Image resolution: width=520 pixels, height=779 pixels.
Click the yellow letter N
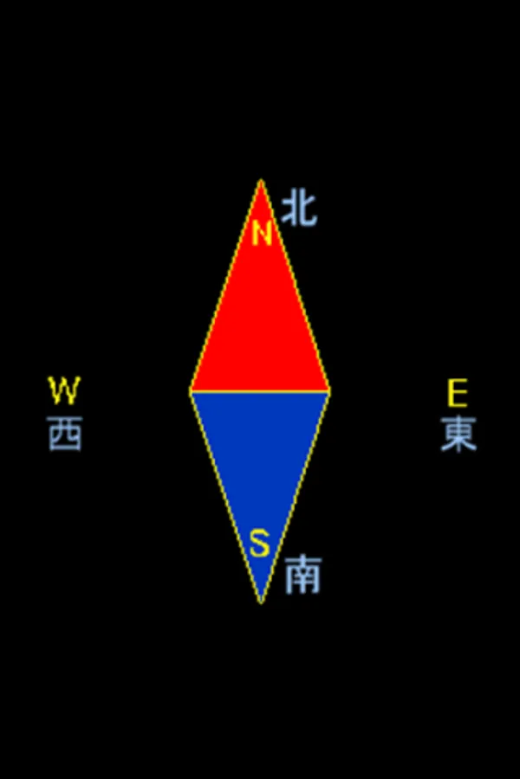(262, 234)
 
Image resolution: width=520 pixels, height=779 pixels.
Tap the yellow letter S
(260, 544)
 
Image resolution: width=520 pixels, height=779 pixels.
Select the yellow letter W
(63, 391)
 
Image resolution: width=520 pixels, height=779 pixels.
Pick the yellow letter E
(457, 394)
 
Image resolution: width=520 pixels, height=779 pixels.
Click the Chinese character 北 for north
(299, 209)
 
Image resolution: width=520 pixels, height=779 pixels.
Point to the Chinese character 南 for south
(302, 575)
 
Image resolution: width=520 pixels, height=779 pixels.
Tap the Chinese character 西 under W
(65, 434)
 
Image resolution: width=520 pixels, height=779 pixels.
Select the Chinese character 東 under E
(458, 435)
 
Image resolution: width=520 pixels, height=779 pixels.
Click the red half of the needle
(260, 329)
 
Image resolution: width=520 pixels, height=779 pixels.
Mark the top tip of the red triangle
(260, 181)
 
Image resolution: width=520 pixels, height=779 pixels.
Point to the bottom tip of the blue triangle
(260, 602)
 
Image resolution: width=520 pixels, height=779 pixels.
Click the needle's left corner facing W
(192, 391)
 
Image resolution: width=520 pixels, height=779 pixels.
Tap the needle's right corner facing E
(328, 391)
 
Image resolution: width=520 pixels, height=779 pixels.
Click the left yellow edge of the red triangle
(225, 286)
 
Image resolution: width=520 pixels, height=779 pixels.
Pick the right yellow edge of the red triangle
(295, 286)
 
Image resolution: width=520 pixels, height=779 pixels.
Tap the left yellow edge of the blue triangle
(225, 496)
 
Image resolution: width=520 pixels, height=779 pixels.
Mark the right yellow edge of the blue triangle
(295, 496)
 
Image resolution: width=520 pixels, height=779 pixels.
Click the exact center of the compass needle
(260, 391)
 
